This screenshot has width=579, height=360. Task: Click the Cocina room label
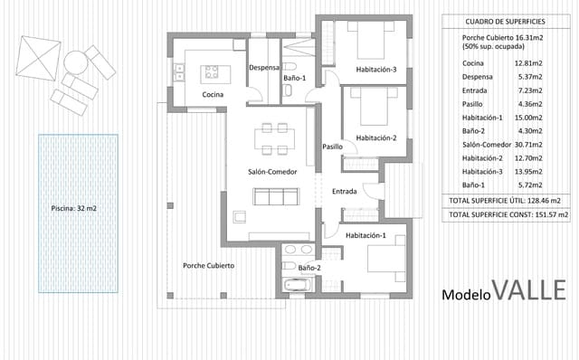coord(213,94)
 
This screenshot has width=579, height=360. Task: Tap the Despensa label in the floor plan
coord(263,66)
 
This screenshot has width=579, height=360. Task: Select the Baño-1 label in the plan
coord(295,79)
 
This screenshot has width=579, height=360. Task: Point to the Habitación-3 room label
coord(377,69)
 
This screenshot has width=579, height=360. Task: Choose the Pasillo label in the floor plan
coord(332,147)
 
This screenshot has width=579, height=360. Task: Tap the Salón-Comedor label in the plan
coord(270,171)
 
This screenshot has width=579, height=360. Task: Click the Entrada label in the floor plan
coord(344,191)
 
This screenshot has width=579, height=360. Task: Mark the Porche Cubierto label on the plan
coord(209,266)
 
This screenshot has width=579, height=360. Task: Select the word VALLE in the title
coord(530,290)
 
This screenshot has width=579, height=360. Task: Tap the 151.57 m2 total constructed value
coord(551,215)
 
